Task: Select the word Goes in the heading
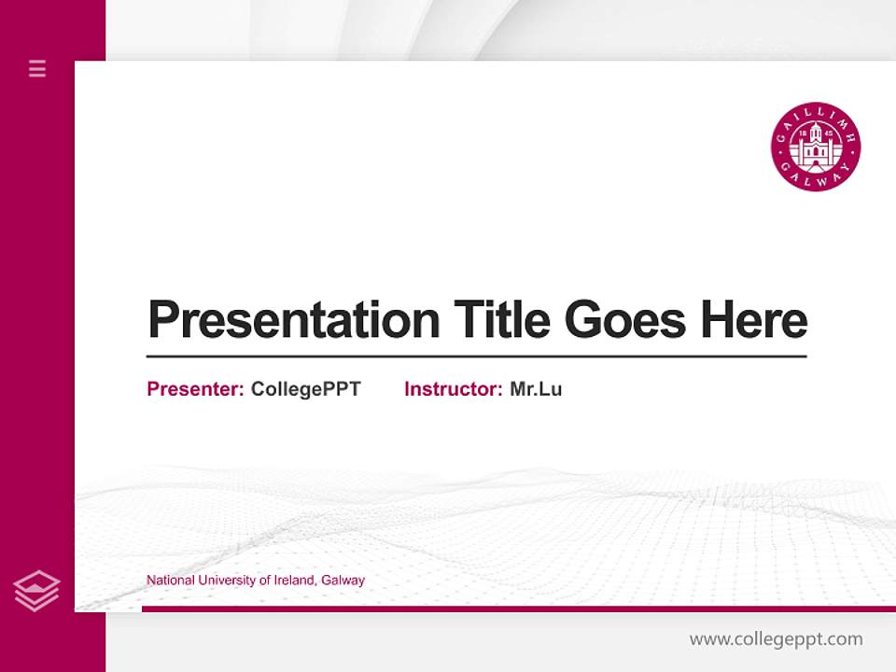627,320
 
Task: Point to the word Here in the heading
754,320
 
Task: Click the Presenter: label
196,389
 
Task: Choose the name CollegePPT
306,389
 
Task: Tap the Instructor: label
454,389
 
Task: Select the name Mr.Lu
537,389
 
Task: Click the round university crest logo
816,147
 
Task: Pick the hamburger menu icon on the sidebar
37,68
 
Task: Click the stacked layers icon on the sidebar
36,591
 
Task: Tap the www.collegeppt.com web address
777,639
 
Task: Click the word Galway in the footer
343,581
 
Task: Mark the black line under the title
476,357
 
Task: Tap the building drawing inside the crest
816,145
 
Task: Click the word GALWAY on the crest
816,180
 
